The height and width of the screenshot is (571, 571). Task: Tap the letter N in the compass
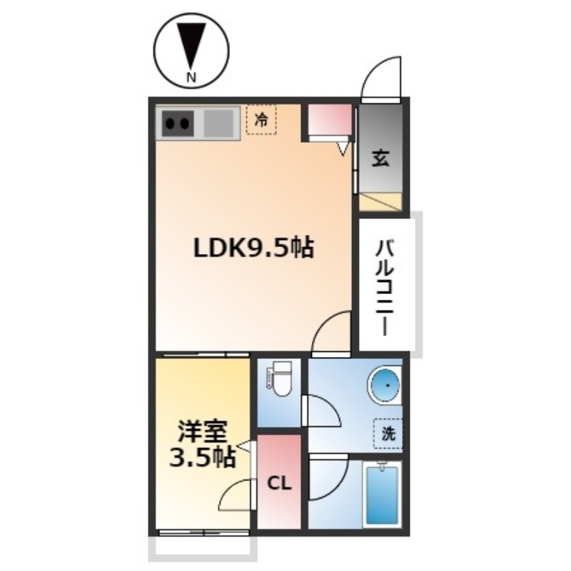191,77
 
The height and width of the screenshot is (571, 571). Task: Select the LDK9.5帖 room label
253,248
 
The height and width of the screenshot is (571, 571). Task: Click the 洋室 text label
203,433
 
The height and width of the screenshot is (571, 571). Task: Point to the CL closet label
279,484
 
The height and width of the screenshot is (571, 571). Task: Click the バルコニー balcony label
385,288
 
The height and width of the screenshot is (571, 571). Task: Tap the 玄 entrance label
380,158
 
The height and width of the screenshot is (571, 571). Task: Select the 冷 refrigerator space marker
261,119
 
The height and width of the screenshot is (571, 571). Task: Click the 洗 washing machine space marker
388,433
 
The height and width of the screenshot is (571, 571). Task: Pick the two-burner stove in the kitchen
177,123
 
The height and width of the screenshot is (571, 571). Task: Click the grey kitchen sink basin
218,123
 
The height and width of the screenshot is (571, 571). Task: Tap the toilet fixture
280,379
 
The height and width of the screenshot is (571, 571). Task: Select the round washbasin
385,385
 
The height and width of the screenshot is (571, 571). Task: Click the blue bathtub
382,495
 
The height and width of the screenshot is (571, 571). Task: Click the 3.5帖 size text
203,458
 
